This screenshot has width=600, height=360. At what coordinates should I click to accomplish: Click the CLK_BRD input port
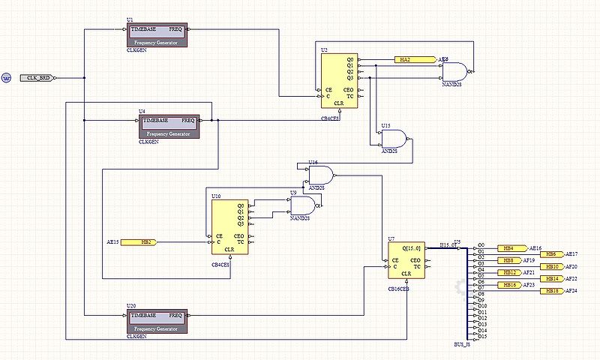38,77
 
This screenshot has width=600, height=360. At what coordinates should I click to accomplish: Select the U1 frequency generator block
157,34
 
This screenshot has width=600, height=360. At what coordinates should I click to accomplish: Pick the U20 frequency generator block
157,321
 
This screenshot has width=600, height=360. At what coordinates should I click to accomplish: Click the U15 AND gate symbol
394,138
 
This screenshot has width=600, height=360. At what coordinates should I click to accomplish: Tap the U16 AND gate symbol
321,175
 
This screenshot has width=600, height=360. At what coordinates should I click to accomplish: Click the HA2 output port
415,59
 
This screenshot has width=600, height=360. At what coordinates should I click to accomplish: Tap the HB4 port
510,248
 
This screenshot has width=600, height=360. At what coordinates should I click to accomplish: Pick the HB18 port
553,290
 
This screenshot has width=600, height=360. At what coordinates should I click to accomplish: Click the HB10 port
553,266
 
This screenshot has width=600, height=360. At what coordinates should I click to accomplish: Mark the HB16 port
510,285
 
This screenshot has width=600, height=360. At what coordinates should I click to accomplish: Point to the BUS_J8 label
462,344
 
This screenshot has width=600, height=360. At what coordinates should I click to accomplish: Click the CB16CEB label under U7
399,288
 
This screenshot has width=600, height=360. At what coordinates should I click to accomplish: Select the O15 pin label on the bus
482,337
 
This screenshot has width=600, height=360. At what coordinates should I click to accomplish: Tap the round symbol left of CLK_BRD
6,77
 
